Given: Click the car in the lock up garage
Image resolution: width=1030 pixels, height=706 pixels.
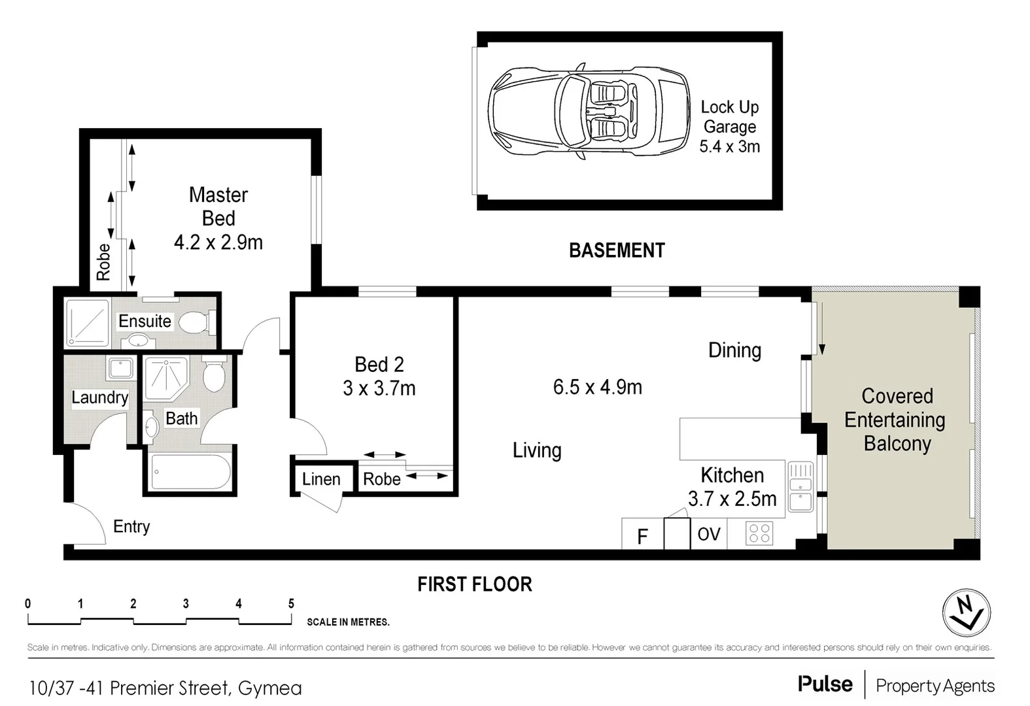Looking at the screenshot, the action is pos(589,111).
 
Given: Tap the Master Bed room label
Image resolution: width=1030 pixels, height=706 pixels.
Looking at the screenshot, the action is pos(218,207).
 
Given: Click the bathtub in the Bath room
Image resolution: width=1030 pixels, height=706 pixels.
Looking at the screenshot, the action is pos(191,472).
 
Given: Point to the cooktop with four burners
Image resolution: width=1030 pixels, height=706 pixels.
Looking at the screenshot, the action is pos(759,533).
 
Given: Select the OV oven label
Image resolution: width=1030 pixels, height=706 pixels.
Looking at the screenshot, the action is pos(709,534).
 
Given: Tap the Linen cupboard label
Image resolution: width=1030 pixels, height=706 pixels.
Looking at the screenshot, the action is pos(321,479).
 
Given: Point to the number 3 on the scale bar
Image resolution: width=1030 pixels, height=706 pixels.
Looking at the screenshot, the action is pos(186,603).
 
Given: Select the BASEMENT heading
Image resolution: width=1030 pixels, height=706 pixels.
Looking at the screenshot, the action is pos(617,250).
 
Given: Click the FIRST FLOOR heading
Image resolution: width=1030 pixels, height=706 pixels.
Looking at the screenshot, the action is pos(475,584).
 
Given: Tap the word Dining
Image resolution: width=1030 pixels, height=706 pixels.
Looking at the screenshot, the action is pos(735,350).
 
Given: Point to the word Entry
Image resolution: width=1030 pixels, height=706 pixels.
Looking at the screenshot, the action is pos(131,527).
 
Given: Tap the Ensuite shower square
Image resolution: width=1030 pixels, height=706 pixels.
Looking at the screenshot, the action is pos(88,323).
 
